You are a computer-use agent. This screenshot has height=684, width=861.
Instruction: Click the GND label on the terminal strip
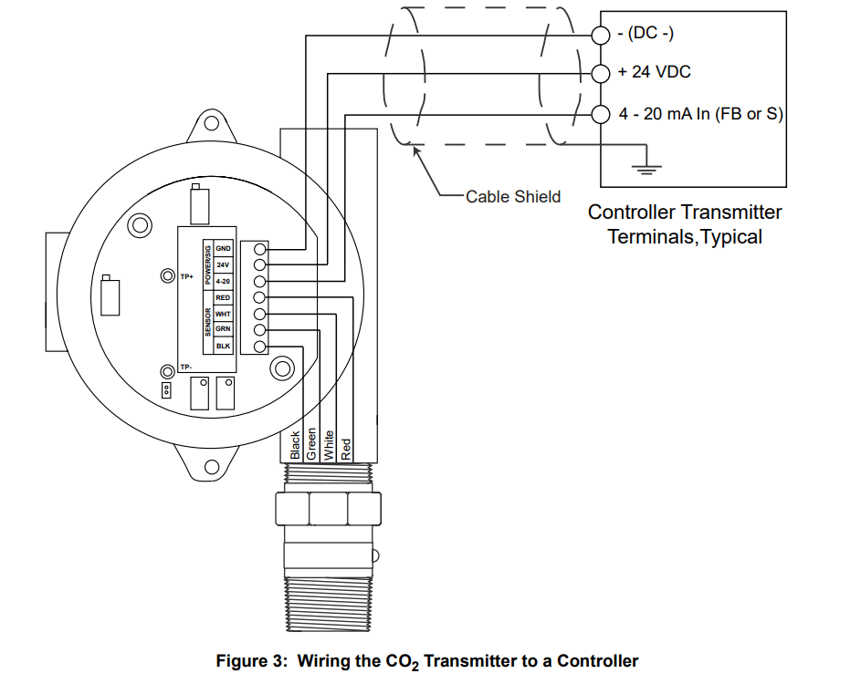tap(224, 248)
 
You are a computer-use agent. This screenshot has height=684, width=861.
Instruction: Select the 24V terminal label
tap(224, 264)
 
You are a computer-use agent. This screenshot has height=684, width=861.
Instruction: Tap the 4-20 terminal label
tap(224, 281)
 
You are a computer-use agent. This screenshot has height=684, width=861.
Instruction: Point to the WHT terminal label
tap(224, 314)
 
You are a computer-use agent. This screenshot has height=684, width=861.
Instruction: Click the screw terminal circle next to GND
tap(259, 249)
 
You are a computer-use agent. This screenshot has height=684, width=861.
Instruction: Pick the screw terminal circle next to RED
tap(259, 297)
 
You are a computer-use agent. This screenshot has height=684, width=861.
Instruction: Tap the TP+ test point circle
tap(168, 275)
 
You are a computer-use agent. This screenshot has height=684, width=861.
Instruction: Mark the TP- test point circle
tap(168, 371)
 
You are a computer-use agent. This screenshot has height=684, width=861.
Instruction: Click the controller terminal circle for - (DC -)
tap(600, 36)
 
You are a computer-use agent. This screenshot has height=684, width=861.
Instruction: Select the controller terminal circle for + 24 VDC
tap(600, 72)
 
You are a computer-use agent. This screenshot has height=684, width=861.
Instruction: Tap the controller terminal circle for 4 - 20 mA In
tap(600, 114)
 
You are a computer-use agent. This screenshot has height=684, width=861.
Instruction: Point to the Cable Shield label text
tap(513, 196)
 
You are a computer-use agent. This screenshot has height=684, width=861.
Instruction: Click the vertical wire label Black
tap(295, 444)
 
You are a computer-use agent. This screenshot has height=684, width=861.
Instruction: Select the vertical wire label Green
tap(311, 442)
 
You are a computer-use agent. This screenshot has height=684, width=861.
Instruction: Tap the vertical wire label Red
tap(345, 448)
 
